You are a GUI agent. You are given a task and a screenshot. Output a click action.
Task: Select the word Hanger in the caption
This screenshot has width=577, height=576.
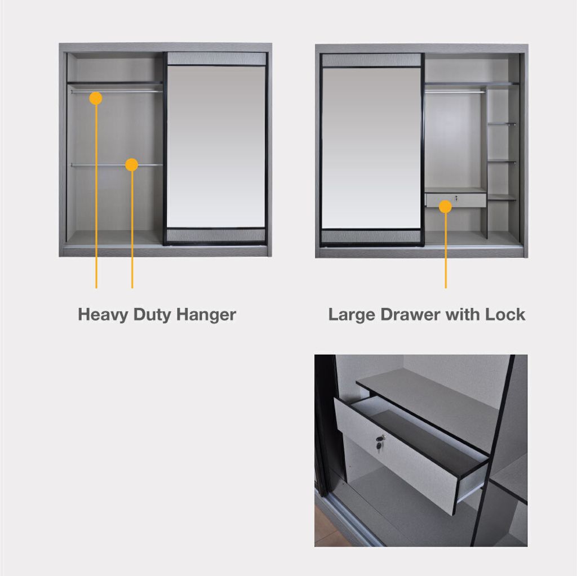(x=206, y=315)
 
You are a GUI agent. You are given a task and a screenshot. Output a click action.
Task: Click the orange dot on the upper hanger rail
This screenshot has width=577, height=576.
(x=96, y=98)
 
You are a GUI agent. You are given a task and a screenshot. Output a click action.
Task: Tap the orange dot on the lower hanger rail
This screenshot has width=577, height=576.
(x=131, y=165)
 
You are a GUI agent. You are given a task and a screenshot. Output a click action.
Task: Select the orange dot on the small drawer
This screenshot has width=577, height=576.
(x=445, y=207)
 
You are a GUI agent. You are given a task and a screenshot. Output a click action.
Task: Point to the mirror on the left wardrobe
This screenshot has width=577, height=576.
(x=216, y=147)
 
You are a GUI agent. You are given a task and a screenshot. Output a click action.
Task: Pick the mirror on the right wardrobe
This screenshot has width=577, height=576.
(x=371, y=148)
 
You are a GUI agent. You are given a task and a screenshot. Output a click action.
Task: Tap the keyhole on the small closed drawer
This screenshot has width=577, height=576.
(x=456, y=198)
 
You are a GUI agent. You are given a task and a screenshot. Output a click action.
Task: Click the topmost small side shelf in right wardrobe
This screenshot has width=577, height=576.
(x=501, y=124)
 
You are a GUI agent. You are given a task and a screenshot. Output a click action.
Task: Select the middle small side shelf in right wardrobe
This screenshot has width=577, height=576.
(x=501, y=162)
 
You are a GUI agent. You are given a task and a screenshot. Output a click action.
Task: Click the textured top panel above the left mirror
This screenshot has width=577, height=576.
(x=216, y=59)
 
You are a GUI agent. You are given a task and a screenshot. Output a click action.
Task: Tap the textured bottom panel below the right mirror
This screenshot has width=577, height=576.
(x=371, y=236)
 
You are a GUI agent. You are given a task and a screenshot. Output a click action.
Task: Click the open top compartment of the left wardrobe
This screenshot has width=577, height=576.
(x=115, y=67)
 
